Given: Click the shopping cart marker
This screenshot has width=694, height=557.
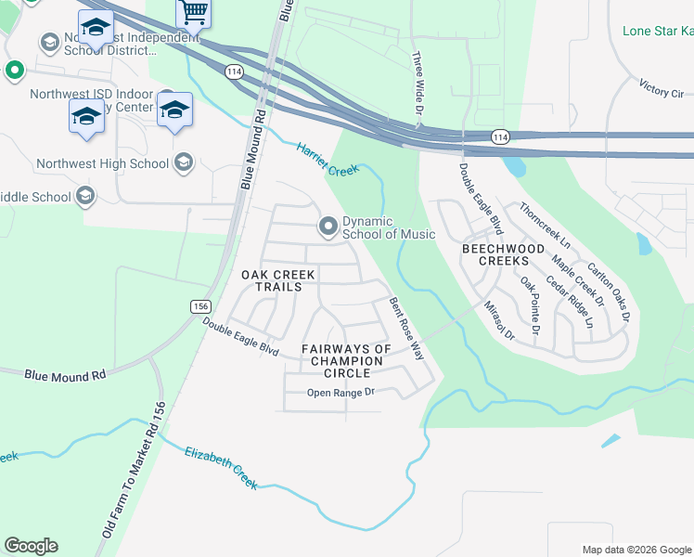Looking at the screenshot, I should [193, 12].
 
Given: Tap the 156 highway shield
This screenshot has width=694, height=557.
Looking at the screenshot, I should [199, 306].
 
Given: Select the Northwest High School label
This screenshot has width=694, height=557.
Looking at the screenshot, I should [102, 164].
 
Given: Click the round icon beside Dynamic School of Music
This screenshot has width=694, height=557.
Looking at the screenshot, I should [328, 226].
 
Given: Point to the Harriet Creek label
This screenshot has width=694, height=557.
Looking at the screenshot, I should [328, 159].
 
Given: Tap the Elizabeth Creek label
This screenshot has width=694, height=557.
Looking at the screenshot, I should [220, 467].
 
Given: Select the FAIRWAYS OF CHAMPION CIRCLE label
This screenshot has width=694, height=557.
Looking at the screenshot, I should [346, 361].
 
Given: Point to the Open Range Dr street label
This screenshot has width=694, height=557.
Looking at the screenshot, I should [341, 393].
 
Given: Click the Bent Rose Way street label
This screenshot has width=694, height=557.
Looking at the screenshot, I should [405, 330].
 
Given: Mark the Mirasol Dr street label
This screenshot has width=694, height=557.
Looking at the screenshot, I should [499, 320].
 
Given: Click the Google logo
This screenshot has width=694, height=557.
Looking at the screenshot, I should [31, 546].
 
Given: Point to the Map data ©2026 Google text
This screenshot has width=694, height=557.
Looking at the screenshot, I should [636, 550].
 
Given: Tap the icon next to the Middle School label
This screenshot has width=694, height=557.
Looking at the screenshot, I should [85, 196].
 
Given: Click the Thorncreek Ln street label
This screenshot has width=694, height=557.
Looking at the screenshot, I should [546, 225].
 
